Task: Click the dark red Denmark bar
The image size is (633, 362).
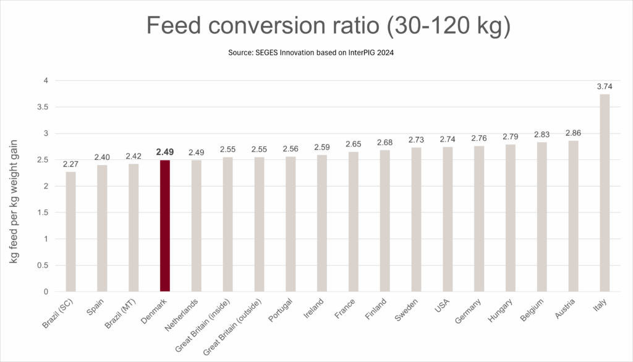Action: coord(165,225)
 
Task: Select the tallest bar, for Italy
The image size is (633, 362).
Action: coord(605,193)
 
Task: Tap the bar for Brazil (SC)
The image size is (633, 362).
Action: coord(71,232)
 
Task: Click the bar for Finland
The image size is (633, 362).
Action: coord(384,221)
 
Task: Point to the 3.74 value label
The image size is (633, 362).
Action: coord(604,87)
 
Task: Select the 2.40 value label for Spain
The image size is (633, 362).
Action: coord(102,158)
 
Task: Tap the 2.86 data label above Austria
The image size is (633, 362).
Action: coord(573,133)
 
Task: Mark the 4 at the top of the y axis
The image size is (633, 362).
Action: coord(45,80)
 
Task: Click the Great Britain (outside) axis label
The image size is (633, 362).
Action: coord(233,327)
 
